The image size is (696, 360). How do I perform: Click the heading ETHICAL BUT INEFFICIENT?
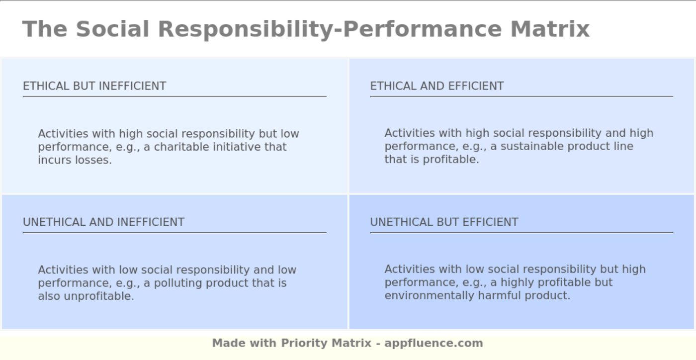[x=94, y=86]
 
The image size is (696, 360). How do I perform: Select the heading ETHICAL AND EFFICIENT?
[x=436, y=86]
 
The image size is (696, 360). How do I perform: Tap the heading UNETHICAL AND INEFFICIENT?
[x=103, y=222]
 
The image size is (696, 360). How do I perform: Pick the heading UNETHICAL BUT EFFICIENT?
[x=444, y=222]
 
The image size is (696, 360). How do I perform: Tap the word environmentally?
[x=430, y=296]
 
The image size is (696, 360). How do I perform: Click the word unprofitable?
[x=99, y=296]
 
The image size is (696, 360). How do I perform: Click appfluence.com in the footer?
[x=434, y=343]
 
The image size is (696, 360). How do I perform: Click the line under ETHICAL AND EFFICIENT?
[x=521, y=96]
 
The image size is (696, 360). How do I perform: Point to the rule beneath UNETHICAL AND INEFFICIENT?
[x=174, y=232]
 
